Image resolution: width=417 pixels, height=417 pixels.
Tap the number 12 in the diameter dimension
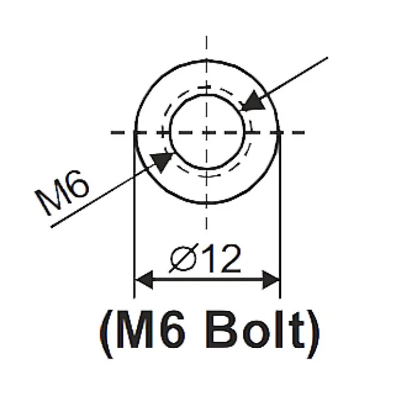[x=223, y=259]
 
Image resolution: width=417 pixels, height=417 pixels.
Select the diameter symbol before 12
[x=184, y=258]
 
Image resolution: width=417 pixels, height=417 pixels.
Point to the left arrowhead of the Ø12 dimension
[x=144, y=280]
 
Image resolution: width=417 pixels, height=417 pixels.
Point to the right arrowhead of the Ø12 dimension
[x=271, y=280]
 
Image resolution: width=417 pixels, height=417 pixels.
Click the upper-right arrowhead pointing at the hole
[x=253, y=101]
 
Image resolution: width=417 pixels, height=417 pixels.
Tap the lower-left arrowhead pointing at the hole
[x=161, y=162]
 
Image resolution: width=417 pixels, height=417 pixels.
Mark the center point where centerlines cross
[x=207, y=132]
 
